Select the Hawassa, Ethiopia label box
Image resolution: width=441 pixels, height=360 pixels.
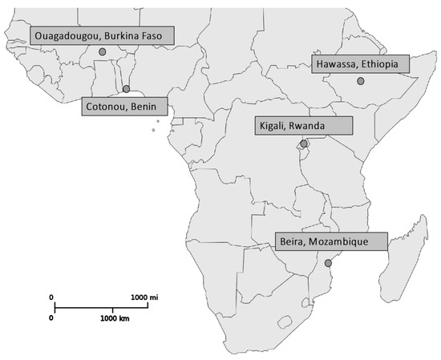(360, 65)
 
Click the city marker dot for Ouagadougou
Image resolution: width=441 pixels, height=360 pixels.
(102, 51)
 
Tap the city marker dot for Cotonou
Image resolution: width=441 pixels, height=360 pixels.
(126, 89)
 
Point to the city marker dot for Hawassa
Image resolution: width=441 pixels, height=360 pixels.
(361, 81)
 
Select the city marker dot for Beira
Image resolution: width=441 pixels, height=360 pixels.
(328, 263)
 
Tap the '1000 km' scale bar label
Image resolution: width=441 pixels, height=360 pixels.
(115, 318)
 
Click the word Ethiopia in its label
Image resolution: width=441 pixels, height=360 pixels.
(384, 65)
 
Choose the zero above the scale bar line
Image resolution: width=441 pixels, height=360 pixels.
(52, 297)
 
